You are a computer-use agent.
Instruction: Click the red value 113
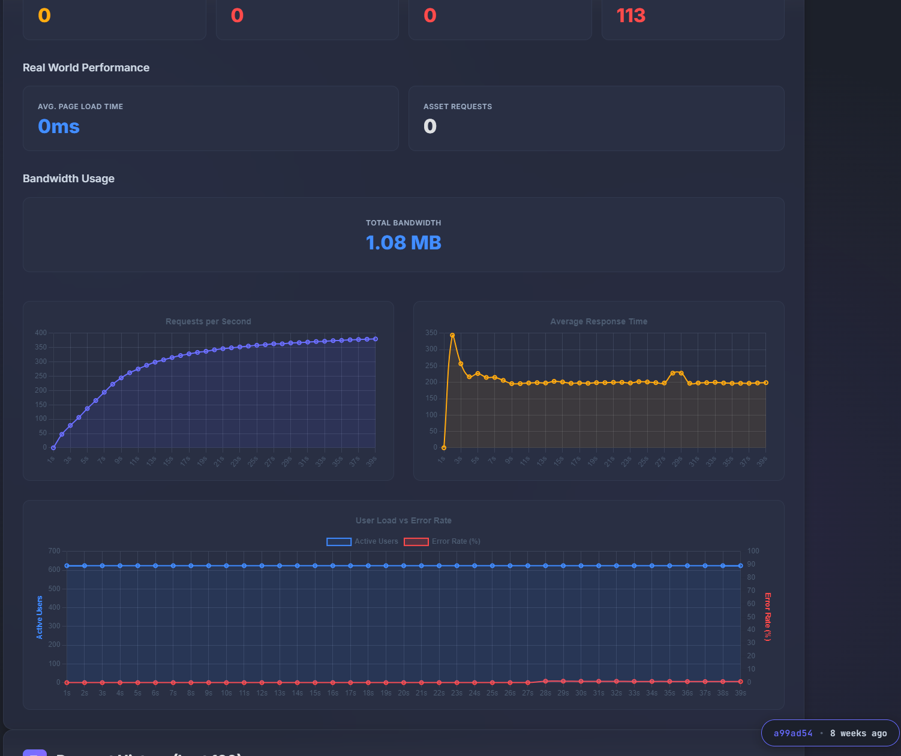point(630,16)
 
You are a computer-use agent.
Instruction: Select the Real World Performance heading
point(86,68)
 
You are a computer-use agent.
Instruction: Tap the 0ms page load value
point(59,126)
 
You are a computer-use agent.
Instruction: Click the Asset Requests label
point(457,107)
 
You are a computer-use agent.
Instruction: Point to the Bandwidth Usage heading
point(68,179)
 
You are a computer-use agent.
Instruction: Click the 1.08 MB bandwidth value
point(403,243)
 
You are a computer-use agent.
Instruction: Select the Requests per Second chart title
point(208,321)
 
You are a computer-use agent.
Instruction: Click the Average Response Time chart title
point(599,321)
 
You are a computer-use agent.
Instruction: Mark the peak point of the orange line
point(452,336)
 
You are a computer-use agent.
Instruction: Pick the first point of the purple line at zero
point(53,448)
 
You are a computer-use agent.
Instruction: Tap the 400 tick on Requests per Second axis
point(41,333)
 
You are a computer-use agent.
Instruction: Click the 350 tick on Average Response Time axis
point(431,333)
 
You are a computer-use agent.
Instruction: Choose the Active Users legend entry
point(362,541)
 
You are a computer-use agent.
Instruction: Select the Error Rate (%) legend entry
point(443,541)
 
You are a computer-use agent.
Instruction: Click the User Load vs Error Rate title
point(403,520)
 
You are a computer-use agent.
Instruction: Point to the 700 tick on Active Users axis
point(54,551)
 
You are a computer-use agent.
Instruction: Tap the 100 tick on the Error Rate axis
point(753,551)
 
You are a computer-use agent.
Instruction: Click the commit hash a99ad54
point(792,733)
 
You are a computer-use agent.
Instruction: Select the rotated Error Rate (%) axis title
point(767,616)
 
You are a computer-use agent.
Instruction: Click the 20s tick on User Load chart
point(404,693)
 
